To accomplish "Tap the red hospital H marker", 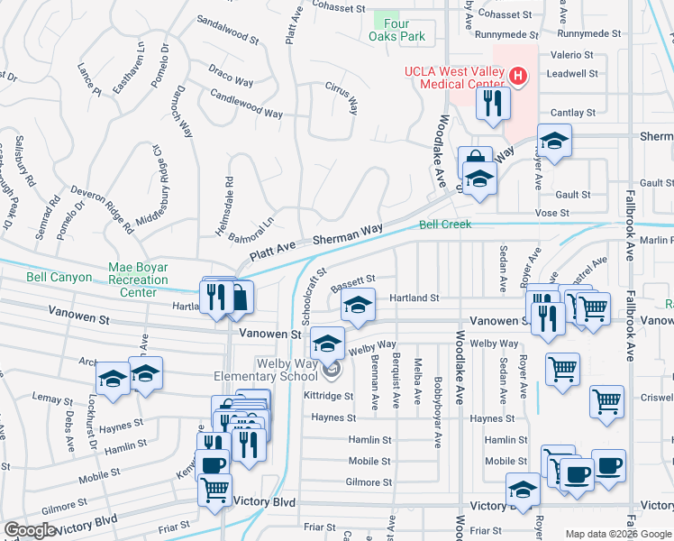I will tap(518, 77).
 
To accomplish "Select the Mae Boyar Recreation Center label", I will tap(138, 280).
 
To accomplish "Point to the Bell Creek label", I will tap(445, 224).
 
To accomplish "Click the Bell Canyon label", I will tap(59, 277).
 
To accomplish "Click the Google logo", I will tap(30, 530).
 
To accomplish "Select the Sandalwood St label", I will tap(227, 32).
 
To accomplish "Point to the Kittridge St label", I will tap(328, 396).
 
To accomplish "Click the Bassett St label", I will tap(352, 285).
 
